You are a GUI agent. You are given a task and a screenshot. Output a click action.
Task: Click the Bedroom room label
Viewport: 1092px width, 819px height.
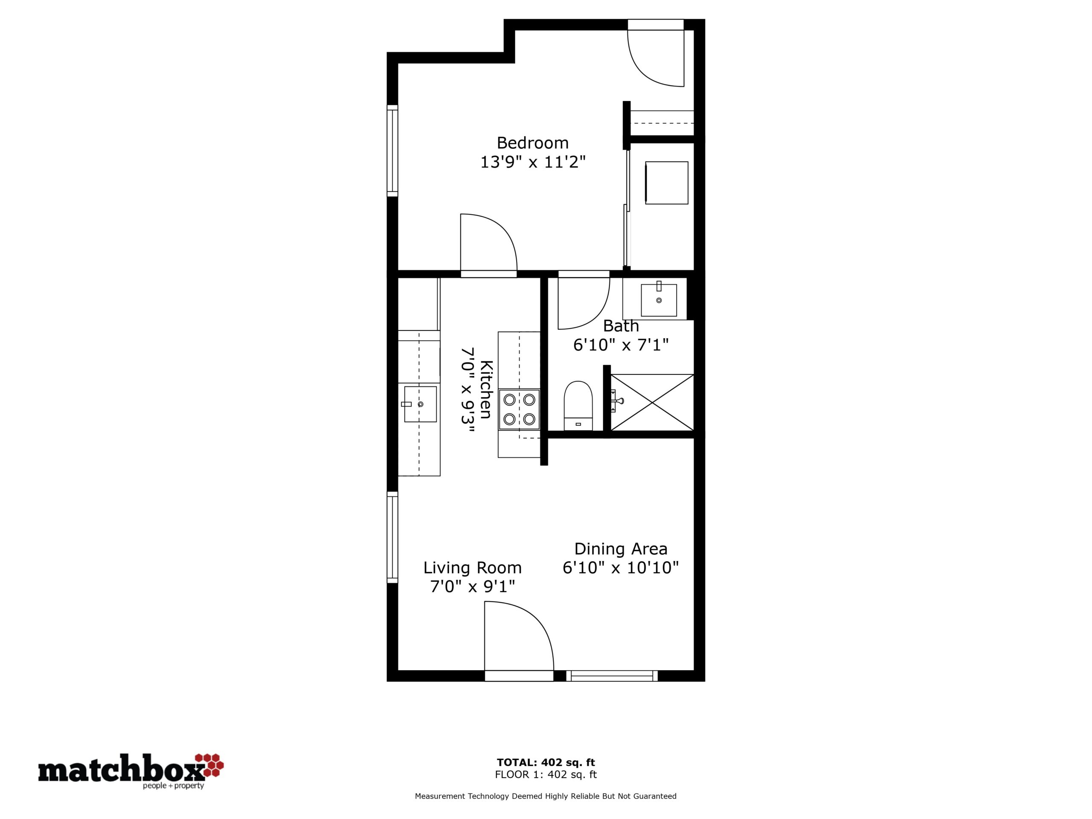533,142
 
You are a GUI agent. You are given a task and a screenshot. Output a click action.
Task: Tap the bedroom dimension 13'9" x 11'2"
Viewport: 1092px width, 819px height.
533,162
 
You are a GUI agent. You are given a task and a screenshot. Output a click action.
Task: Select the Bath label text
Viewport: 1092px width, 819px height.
621,326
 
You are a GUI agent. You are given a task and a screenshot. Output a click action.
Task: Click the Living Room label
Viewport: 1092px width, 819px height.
473,568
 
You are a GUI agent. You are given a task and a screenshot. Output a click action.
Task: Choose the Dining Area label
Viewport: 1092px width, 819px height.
621,549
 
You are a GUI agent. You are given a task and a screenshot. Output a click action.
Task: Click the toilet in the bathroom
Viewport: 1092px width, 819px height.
578,405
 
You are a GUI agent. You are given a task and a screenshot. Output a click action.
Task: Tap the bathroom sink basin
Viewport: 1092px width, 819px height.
659,299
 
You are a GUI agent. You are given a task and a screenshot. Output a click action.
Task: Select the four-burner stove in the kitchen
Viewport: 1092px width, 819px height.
519,409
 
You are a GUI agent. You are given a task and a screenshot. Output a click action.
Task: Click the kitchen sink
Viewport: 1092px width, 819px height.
420,404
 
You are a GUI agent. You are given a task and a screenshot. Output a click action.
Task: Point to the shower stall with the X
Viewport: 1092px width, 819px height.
652,402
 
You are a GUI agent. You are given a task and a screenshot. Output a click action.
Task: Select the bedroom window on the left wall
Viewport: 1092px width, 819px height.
392,151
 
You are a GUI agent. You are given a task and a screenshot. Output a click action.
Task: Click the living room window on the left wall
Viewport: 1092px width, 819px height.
392,537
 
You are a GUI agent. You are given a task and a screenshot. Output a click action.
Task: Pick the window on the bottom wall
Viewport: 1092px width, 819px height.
612,676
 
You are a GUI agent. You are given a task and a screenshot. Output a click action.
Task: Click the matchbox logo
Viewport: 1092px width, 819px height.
131,771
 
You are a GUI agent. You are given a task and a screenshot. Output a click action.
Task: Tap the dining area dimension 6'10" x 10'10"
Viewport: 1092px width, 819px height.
621,568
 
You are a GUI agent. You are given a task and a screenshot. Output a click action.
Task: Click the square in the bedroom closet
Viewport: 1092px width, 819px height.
666,183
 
